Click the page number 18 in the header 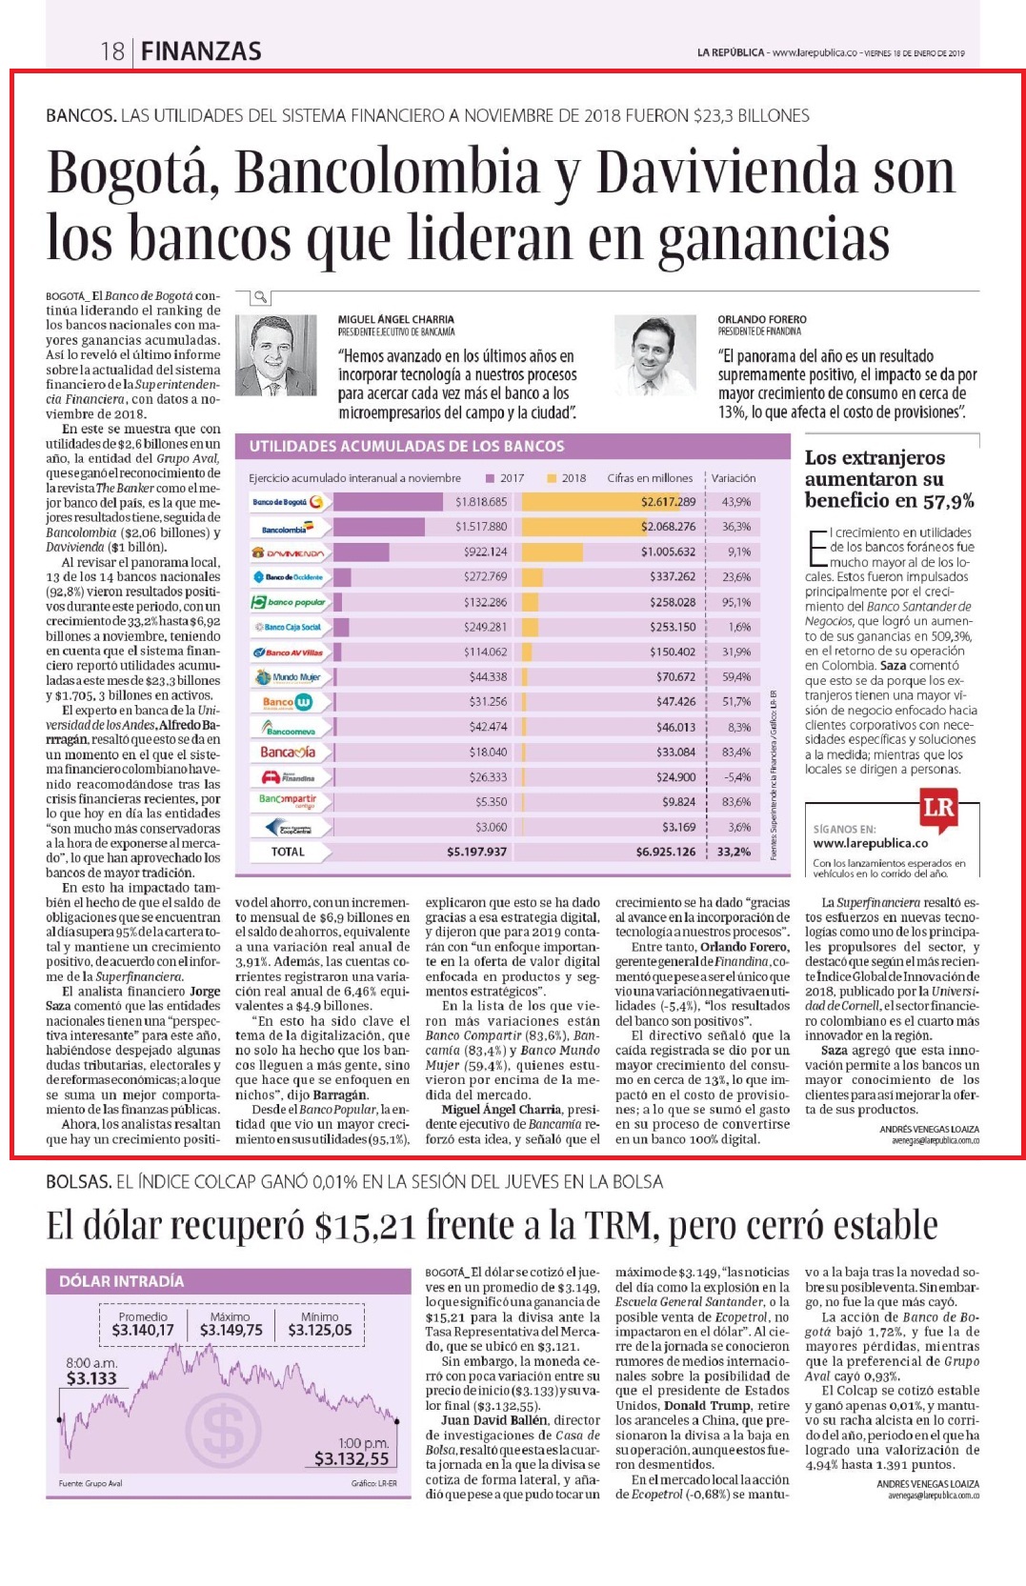coord(111,51)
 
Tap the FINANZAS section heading coord(201,51)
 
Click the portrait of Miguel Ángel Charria coord(275,354)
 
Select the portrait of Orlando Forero coord(655,354)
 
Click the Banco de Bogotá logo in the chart coord(289,502)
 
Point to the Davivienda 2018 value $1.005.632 coord(669,552)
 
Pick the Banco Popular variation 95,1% coord(736,602)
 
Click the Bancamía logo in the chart coord(289,752)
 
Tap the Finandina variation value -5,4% coord(736,776)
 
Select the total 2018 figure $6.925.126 coord(666,852)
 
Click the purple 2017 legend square coord(491,478)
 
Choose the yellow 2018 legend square coord(552,478)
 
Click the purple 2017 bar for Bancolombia coord(379,527)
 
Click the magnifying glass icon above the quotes coord(261,296)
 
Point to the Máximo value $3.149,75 coord(231,1330)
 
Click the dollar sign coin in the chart coord(223,1430)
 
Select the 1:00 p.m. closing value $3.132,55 coord(352,1458)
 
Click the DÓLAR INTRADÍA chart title coord(121,1281)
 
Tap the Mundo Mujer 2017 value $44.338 coord(488,677)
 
